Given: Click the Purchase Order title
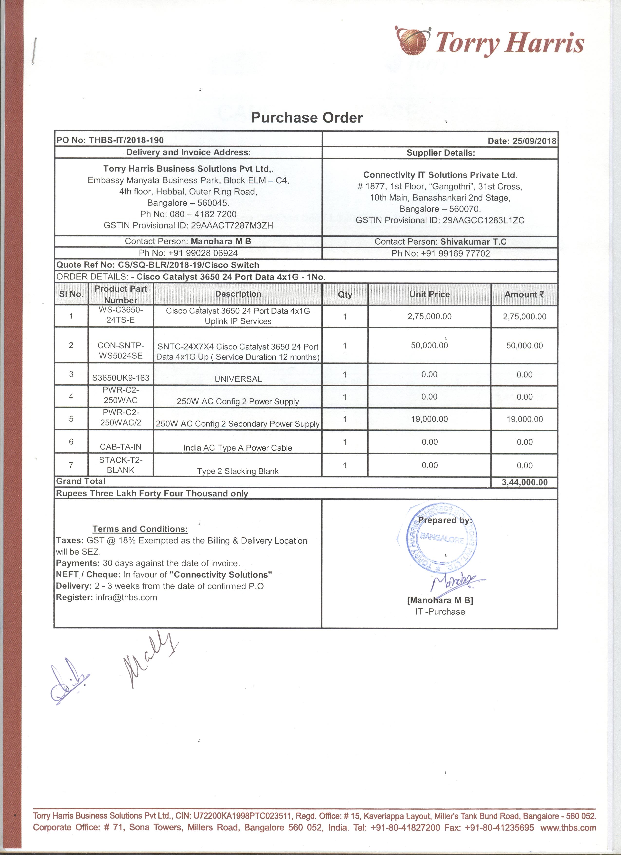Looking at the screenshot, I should [307, 118].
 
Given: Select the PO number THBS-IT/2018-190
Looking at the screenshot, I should [126, 141].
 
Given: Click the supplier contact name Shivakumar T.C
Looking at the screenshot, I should [473, 242].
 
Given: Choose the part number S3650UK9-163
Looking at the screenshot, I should [121, 378].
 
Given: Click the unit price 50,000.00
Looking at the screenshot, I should [430, 345].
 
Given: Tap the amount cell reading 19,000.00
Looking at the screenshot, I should [525, 419].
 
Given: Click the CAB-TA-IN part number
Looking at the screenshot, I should [121, 447].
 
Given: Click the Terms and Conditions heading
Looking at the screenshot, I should [140, 529].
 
